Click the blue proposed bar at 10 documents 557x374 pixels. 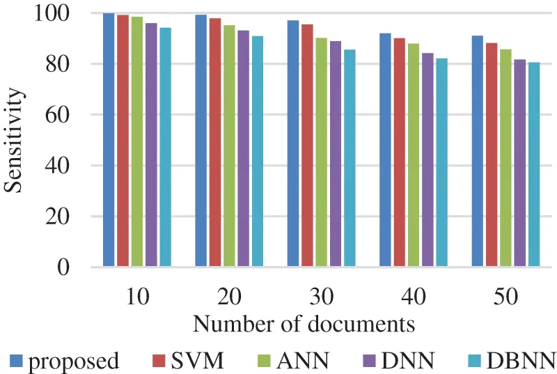point(109,139)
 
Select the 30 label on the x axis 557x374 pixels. point(321,297)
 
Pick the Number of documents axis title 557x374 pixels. point(304,325)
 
